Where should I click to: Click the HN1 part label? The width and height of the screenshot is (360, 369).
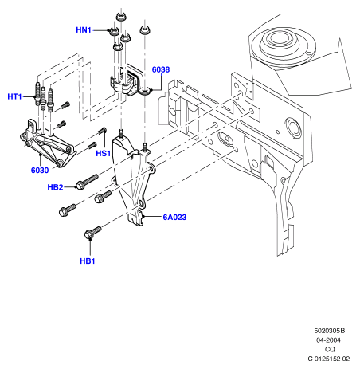pyautogui.click(x=84, y=30)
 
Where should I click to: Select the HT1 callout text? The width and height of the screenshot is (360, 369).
pyautogui.click(x=14, y=96)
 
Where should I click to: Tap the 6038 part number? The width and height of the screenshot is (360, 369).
pyautogui.click(x=161, y=69)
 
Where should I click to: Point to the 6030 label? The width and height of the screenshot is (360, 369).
pyautogui.click(x=40, y=171)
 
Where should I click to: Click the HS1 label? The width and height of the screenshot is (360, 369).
pyautogui.click(x=104, y=153)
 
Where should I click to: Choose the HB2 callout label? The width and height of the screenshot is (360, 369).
pyautogui.click(x=55, y=187)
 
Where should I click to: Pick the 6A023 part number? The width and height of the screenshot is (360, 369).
pyautogui.click(x=174, y=218)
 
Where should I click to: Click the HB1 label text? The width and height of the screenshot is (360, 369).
pyautogui.click(x=88, y=261)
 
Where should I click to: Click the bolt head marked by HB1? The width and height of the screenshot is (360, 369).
pyautogui.click(x=89, y=234)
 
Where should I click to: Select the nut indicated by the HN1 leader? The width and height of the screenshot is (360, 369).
pyautogui.click(x=114, y=32)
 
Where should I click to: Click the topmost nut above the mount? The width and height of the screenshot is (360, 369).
pyautogui.click(x=121, y=18)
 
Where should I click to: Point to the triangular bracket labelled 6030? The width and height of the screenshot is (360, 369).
pyautogui.click(x=47, y=144)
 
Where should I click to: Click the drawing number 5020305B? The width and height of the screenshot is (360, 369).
pyautogui.click(x=330, y=331)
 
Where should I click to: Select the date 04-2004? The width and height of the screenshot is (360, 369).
pyautogui.click(x=328, y=340)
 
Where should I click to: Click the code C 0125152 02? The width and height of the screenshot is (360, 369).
pyautogui.click(x=329, y=359)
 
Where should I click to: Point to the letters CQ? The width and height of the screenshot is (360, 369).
pyautogui.click(x=330, y=349)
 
